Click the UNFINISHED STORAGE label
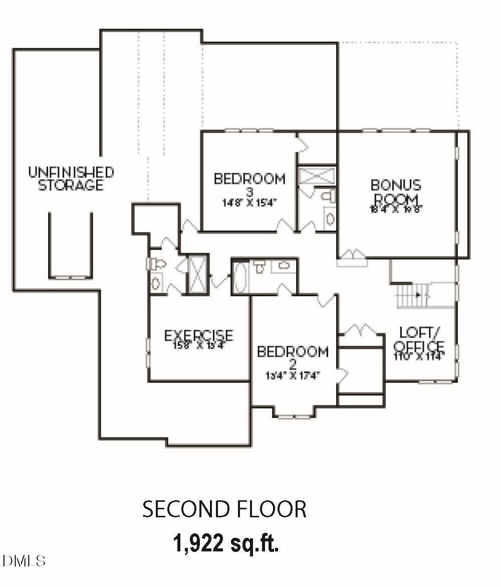71,179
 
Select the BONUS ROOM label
396,192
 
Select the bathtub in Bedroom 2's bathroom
240,277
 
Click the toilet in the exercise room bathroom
156,263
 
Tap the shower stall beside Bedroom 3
317,176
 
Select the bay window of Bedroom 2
294,414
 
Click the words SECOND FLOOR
224,509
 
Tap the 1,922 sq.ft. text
225,542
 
